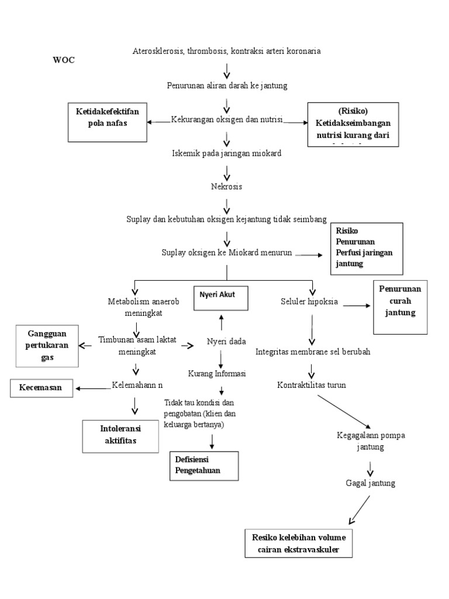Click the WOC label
pyautogui.click(x=64, y=60)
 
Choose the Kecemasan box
pyautogui.click(x=43, y=387)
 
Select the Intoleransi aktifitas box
pyautogui.click(x=120, y=436)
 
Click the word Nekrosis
pyautogui.click(x=227, y=187)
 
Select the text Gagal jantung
pyautogui.click(x=371, y=483)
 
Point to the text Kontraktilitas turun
pyautogui.click(x=312, y=385)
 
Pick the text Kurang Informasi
pyautogui.click(x=217, y=373)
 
